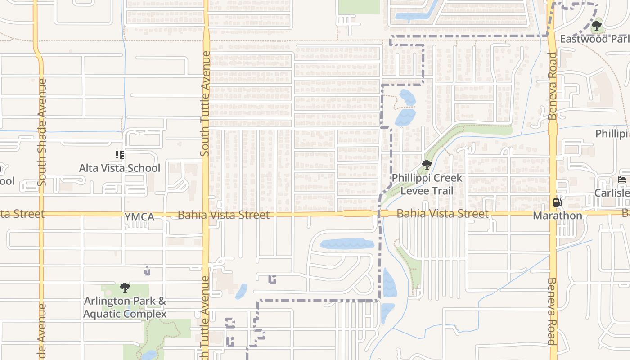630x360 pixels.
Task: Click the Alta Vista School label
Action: point(119,168)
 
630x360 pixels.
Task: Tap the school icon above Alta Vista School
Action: point(119,155)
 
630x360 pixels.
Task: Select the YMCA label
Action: point(139,217)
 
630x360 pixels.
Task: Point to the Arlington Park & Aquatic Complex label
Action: point(125,307)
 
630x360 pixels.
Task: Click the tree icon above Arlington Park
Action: point(125,287)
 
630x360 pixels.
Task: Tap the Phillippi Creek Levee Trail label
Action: point(427,184)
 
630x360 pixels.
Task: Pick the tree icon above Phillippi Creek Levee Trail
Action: point(427,165)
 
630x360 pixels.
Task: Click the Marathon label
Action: point(557,216)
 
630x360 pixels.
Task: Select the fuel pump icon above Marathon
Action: point(557,202)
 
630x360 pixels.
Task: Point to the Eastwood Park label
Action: point(594,39)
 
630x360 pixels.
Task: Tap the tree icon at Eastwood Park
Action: point(597,26)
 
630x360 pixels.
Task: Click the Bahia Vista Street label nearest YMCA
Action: point(224,215)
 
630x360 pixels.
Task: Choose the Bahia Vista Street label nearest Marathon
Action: point(442,213)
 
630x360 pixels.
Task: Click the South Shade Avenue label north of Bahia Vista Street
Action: point(42,132)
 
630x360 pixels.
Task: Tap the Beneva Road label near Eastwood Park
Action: point(553,85)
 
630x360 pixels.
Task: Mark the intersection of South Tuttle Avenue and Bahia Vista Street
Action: point(206,214)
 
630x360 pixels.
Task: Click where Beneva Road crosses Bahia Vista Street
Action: point(553,213)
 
